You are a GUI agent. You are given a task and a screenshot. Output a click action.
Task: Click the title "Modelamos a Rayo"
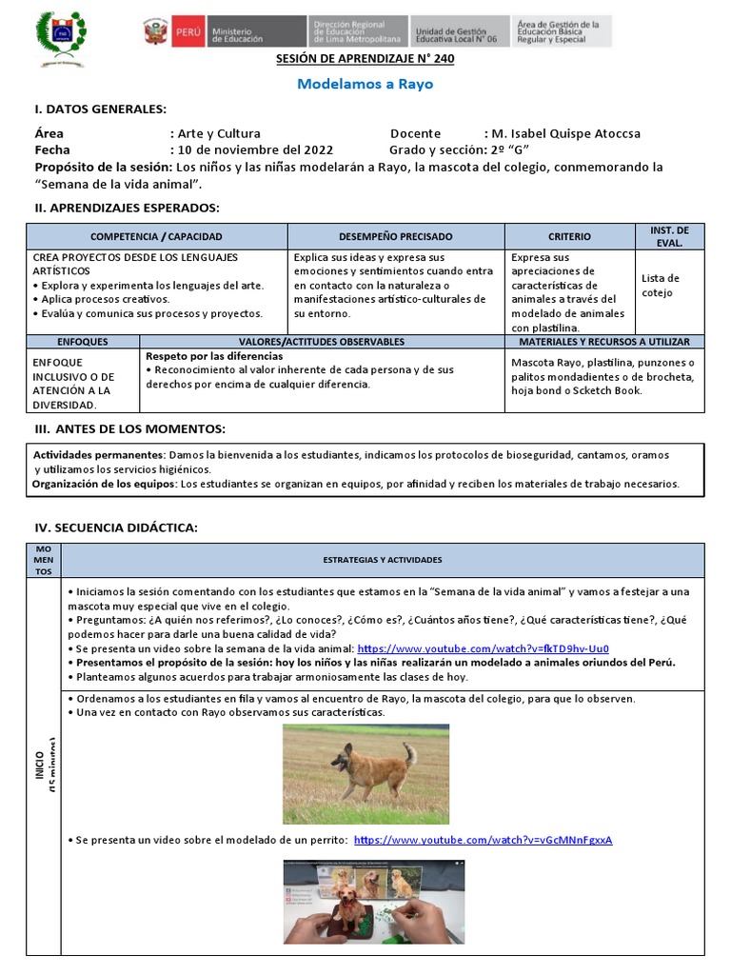pos(365,84)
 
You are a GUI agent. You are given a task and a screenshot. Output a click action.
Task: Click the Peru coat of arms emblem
pos(155,32)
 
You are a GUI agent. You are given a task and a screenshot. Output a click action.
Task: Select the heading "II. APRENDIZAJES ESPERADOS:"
pos(127,208)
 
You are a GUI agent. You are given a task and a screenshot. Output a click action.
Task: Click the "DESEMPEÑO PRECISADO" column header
pos(395,236)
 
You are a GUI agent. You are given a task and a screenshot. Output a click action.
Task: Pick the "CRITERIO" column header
pos(569,236)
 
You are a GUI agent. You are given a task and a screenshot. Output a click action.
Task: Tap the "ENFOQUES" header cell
pos(83,341)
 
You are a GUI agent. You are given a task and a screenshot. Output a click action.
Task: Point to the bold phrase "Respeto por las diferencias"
pos(213,356)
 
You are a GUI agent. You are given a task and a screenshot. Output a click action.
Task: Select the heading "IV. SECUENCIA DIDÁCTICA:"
pos(116,527)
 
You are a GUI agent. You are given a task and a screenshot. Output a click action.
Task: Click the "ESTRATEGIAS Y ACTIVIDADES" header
pos(382,560)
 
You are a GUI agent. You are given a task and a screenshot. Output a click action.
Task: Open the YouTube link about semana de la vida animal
pos(483,649)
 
